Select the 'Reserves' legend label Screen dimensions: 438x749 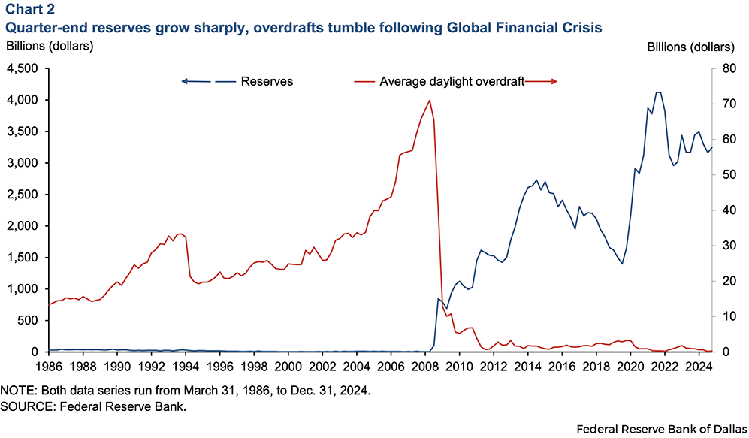267,81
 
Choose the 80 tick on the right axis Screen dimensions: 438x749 728,68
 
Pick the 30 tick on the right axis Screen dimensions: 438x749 728,246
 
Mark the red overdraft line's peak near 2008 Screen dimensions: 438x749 429,100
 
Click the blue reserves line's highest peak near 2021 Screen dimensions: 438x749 657,92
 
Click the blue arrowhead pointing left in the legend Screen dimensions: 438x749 185,81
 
